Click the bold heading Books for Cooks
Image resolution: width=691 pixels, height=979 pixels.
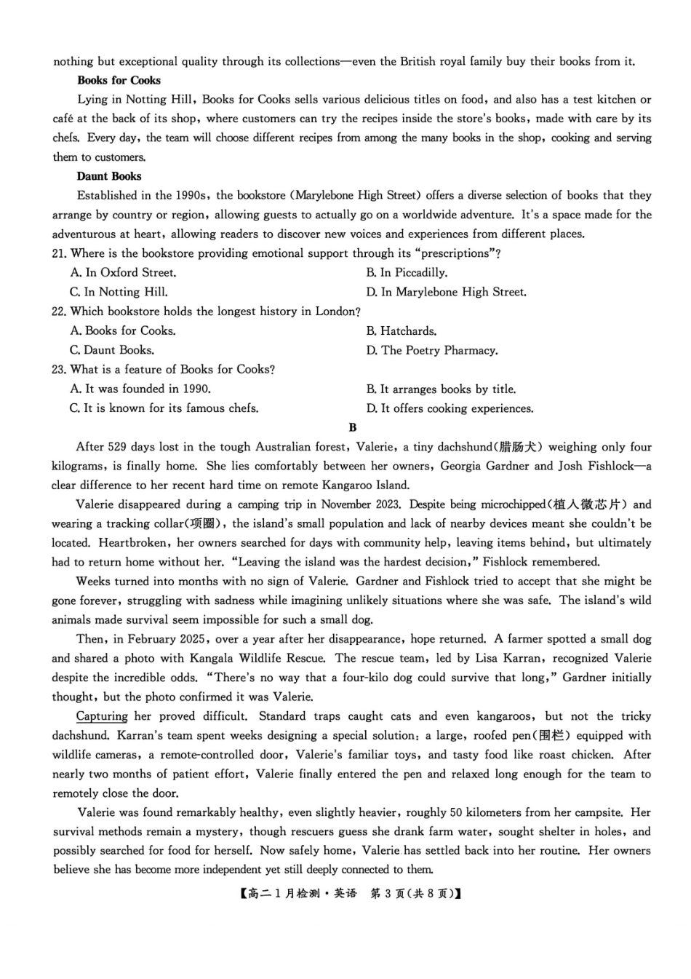pyautogui.click(x=119, y=80)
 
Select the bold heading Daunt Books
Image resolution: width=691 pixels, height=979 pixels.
pyautogui.click(x=109, y=176)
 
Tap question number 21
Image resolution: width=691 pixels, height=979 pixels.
pyautogui.click(x=59, y=253)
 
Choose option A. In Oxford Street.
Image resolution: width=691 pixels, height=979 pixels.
pyautogui.click(x=123, y=272)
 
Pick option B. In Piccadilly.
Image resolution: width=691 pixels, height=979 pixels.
pyautogui.click(x=407, y=272)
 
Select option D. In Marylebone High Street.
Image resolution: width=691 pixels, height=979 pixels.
pyautogui.click(x=446, y=292)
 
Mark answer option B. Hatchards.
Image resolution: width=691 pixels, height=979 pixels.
pyautogui.click(x=401, y=330)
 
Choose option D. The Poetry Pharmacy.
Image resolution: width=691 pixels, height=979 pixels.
pyautogui.click(x=432, y=350)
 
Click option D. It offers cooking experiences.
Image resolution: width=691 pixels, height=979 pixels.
pyautogui.click(x=450, y=408)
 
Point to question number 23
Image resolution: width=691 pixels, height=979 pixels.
pyautogui.click(x=59, y=369)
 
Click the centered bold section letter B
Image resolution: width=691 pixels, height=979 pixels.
pyautogui.click(x=353, y=427)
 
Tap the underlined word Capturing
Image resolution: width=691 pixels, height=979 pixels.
pyautogui.click(x=102, y=716)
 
